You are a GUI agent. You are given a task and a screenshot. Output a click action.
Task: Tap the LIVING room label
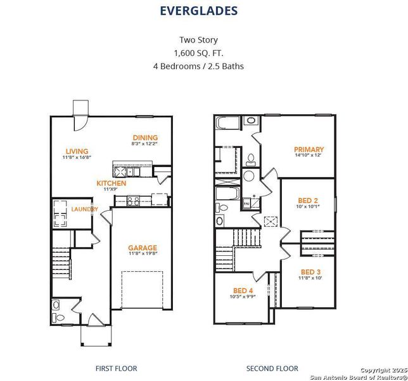tap(77, 150)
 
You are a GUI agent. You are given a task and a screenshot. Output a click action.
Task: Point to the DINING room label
tap(145, 138)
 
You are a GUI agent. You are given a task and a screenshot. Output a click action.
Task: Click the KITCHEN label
tap(111, 184)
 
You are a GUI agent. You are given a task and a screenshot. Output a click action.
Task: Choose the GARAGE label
tap(142, 248)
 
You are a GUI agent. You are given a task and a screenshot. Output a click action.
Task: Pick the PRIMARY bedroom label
tap(309, 149)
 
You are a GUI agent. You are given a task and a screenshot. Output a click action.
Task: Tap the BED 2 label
tap(307, 199)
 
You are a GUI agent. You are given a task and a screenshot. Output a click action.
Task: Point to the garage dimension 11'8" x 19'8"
tap(142, 255)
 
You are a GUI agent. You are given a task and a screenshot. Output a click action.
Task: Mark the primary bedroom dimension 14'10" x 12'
tap(309, 156)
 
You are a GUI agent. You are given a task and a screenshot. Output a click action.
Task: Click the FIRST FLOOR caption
tap(116, 368)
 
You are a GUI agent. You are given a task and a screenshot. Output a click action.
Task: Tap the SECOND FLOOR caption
tap(272, 368)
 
